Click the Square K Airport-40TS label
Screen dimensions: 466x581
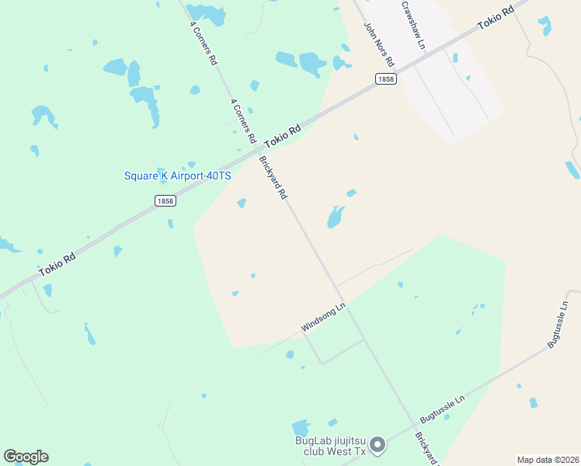pos(178,176)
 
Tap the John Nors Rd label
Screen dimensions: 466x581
pos(380,43)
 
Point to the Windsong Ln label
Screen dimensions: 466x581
pos(322,318)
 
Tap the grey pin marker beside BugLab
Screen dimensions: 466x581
pos(377,445)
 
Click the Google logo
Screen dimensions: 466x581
pos(26,457)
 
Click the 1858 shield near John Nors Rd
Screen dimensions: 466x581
pos(385,78)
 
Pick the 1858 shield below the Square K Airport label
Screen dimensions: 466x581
pos(165,200)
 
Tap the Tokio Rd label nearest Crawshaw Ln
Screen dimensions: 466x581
pos(496,18)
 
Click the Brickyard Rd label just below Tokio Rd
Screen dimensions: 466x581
pos(273,178)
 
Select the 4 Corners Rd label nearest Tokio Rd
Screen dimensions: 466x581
pos(243,122)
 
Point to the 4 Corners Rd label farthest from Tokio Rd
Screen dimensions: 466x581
pos(203,43)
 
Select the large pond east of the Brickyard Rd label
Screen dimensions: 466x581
pos(335,217)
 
